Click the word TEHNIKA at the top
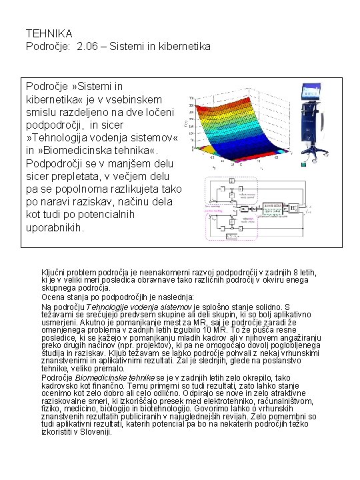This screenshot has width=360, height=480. [49, 33]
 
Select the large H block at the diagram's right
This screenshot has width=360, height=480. [294, 209]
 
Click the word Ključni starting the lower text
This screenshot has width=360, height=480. [55, 272]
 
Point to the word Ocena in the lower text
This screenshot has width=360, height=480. [53, 297]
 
